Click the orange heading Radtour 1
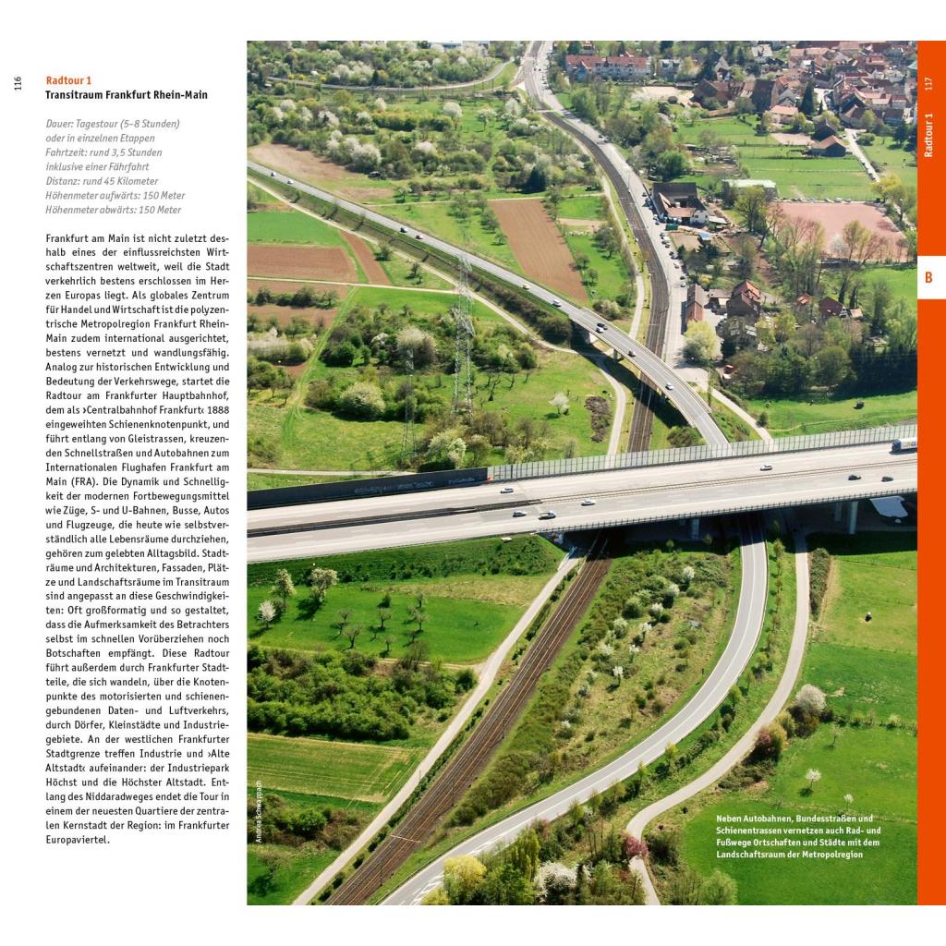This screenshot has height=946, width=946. [68, 80]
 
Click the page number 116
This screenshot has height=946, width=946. [18, 84]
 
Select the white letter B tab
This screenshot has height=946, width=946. [928, 278]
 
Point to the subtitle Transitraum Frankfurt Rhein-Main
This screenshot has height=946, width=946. [126, 95]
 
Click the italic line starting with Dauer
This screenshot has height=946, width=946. [112, 124]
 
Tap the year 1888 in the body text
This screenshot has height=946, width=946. [218, 409]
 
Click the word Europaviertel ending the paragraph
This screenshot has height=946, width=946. [78, 840]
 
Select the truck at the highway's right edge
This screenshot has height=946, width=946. [904, 444]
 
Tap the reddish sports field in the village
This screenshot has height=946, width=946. [836, 226]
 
